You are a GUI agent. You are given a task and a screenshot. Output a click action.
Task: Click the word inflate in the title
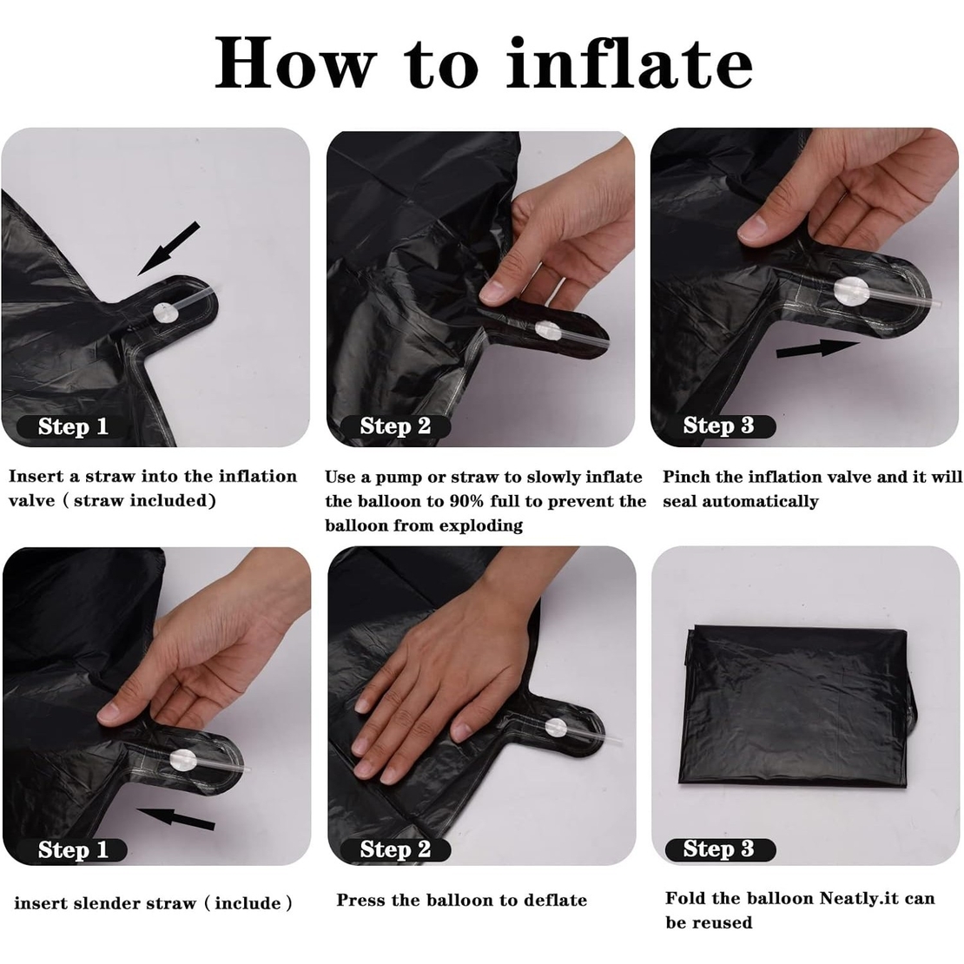tap(629, 63)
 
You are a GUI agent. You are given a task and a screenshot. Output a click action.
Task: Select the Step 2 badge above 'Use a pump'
tap(395, 426)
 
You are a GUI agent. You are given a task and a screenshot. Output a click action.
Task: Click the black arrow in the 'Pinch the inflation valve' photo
tap(817, 348)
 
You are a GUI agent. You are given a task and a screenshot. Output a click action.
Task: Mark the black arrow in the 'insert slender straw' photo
tap(177, 818)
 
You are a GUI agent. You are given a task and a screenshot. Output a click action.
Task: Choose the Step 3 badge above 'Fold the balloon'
tap(718, 849)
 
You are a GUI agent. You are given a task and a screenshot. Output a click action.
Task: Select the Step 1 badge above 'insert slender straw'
tap(73, 850)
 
